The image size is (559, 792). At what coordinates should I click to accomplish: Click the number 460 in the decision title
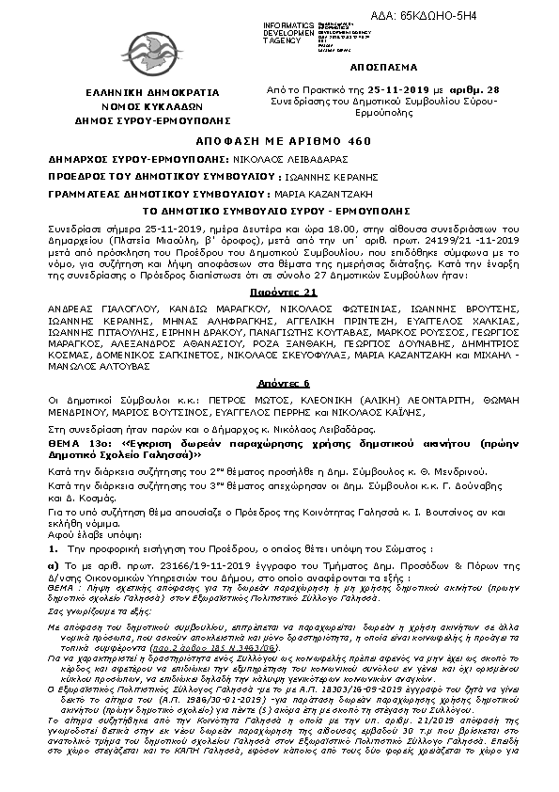tap(347, 136)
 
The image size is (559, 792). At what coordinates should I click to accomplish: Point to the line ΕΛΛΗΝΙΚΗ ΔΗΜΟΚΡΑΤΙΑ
tap(138, 94)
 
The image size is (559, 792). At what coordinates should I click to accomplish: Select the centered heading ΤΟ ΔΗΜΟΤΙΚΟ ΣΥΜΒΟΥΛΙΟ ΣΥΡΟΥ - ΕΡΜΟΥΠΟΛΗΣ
tap(278, 209)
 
